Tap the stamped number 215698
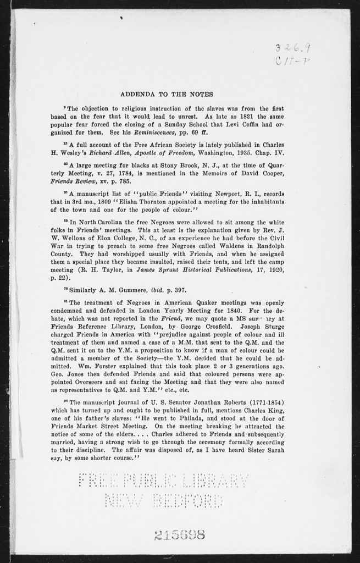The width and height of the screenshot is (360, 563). coord(179,534)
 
